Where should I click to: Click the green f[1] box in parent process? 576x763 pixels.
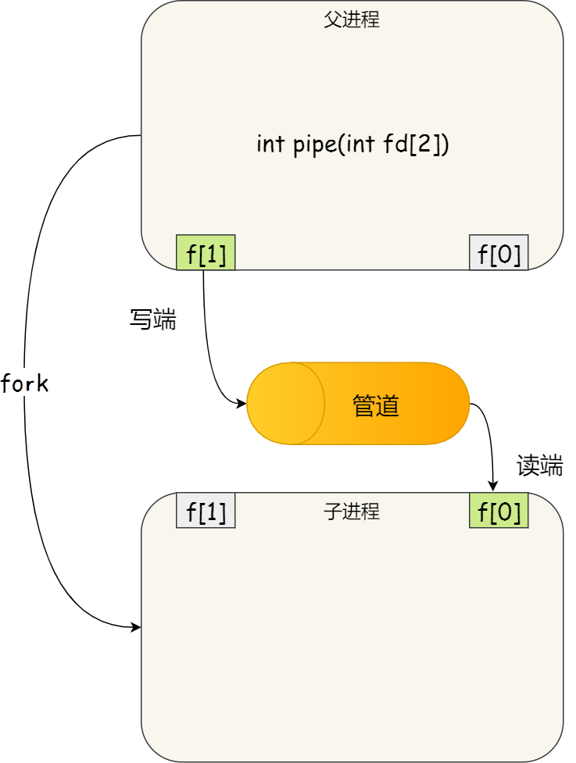[206, 253]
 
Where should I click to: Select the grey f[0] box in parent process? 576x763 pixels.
[499, 253]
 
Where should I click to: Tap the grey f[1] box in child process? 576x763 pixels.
[206, 511]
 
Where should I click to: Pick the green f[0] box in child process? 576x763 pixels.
[499, 511]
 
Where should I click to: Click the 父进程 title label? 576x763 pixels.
[352, 20]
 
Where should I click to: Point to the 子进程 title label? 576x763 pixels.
[352, 512]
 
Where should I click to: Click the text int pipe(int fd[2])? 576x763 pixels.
[352, 144]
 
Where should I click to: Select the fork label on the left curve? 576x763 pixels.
[25, 383]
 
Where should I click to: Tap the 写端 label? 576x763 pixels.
[152, 319]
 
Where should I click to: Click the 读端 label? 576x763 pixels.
[539, 466]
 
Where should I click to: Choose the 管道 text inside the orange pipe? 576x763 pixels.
[375, 405]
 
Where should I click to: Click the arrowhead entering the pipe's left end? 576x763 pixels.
[241, 404]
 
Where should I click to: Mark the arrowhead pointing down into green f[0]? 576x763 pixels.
[493, 486]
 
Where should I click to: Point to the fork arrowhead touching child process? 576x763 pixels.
[136, 627]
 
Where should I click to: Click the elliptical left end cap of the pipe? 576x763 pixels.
[286, 404]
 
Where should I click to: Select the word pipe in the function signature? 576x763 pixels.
[315, 145]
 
